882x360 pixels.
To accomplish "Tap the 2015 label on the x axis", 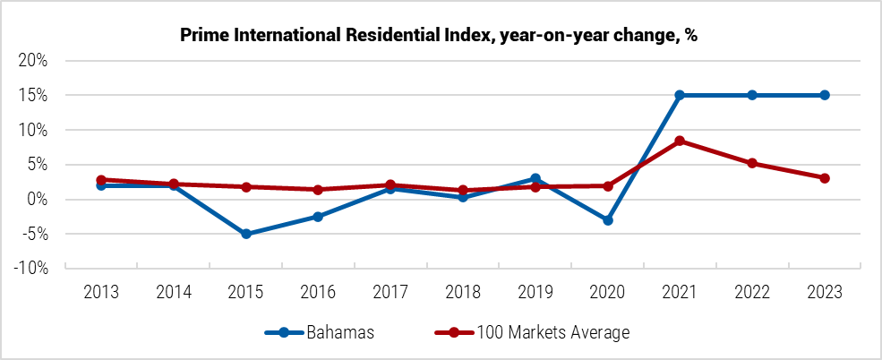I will point(246,292).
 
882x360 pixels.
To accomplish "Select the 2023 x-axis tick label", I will point(825,292).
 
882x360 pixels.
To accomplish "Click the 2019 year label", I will point(535,292).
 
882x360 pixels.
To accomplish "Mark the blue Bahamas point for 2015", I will point(246,234).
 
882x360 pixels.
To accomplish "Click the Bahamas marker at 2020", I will point(608,219).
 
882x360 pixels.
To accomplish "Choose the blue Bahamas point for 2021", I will point(680,95).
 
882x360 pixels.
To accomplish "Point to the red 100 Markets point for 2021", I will point(680,141).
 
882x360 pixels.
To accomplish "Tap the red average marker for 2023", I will point(825,178).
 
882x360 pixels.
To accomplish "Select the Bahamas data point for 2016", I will point(319,217).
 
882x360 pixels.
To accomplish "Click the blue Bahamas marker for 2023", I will point(825,95).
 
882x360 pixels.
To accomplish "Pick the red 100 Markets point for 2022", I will point(752,163).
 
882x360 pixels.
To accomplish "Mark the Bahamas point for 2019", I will point(535,178).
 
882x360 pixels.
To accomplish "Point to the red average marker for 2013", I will point(101,180).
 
